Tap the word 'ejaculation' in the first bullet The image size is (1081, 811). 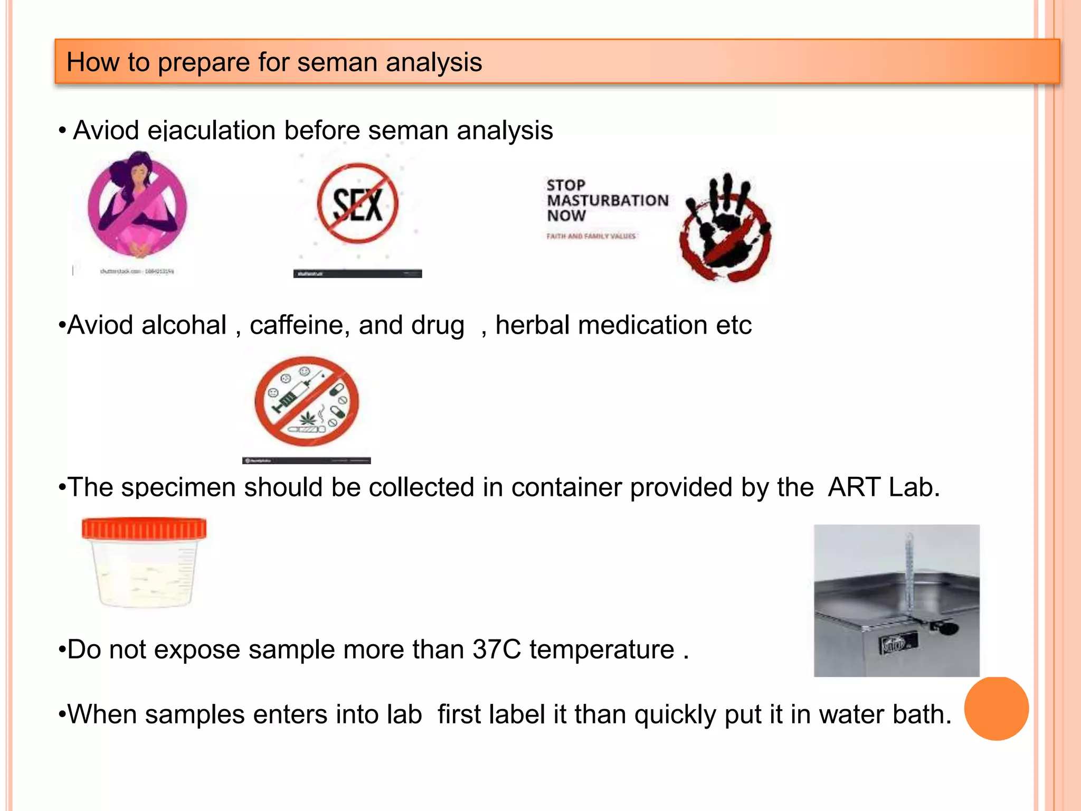[x=211, y=130]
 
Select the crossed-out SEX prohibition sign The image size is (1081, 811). [x=357, y=204]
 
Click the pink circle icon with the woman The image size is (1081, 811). [x=137, y=206]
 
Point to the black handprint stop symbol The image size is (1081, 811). [x=726, y=227]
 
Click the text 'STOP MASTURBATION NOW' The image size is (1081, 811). [x=607, y=201]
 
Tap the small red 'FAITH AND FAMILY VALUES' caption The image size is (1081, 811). [x=591, y=236]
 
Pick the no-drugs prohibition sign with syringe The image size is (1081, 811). [x=307, y=401]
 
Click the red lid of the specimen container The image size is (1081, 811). [x=144, y=529]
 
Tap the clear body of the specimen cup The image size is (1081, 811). [x=144, y=576]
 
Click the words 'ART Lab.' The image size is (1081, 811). [x=884, y=487]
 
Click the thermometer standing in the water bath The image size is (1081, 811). [x=909, y=576]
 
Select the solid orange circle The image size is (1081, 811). [x=996, y=709]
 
